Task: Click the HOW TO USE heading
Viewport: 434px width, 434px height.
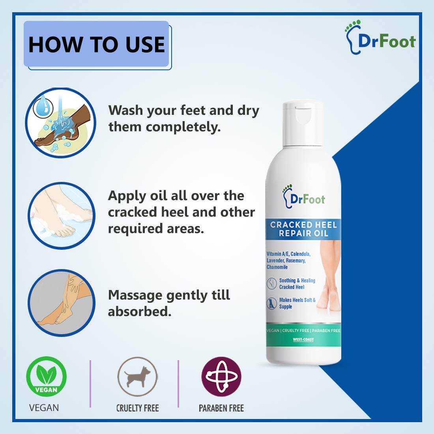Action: tap(97, 44)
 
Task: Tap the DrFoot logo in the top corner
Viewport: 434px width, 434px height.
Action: tap(380, 38)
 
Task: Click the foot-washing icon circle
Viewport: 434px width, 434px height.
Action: tap(61, 123)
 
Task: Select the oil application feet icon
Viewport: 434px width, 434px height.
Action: tap(62, 215)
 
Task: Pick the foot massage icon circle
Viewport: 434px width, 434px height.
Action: tap(62, 303)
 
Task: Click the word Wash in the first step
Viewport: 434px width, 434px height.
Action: tap(126, 110)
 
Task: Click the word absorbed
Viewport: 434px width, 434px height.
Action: tap(139, 312)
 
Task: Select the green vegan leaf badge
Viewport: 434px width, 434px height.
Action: tap(46, 376)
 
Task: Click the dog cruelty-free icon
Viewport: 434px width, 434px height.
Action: tap(137, 376)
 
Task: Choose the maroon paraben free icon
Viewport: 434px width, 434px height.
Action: tap(221, 376)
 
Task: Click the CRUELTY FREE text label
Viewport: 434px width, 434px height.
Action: tap(137, 408)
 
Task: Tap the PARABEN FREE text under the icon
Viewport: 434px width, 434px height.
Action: tap(221, 408)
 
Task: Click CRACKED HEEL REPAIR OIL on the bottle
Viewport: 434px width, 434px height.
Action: tap(303, 229)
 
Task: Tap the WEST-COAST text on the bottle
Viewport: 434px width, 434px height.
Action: tap(303, 340)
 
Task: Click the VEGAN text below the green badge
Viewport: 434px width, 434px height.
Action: tap(44, 408)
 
